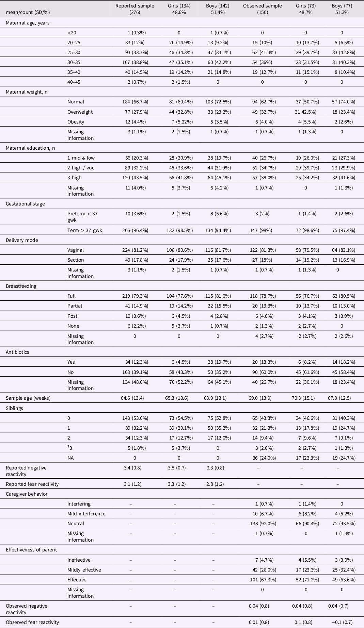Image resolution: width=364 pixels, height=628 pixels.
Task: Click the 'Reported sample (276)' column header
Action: [x=134, y=9]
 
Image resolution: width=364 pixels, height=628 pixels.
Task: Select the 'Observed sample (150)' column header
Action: [x=262, y=9]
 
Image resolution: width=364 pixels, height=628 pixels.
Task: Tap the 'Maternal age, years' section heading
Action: [x=28, y=23]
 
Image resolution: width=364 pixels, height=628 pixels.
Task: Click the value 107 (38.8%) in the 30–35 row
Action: [x=134, y=62]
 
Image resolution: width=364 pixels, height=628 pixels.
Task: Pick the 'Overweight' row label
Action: [x=80, y=112]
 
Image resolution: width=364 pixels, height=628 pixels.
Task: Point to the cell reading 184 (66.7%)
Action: [x=134, y=102]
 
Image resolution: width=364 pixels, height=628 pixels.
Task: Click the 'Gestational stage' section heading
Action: [x=25, y=204]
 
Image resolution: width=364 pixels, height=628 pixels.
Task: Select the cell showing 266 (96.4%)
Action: [x=134, y=230]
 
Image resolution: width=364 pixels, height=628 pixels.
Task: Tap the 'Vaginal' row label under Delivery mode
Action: [x=76, y=250]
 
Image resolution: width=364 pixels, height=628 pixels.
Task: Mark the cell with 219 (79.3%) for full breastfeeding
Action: [x=134, y=296]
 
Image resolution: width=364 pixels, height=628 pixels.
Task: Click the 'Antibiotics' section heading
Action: [x=17, y=352]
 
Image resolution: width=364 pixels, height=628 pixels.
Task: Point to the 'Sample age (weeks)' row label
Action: [x=28, y=398]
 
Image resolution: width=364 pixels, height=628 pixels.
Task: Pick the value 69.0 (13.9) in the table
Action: [x=262, y=398]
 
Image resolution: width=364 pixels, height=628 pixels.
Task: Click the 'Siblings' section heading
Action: [x=14, y=408]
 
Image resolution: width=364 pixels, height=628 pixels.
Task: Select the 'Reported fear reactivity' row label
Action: [x=32, y=484]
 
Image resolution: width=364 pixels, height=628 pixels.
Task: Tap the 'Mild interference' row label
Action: [x=86, y=514]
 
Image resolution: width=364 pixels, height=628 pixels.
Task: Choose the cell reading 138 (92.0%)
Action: [x=262, y=524]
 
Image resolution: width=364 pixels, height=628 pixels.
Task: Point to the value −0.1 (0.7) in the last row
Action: [x=342, y=622]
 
